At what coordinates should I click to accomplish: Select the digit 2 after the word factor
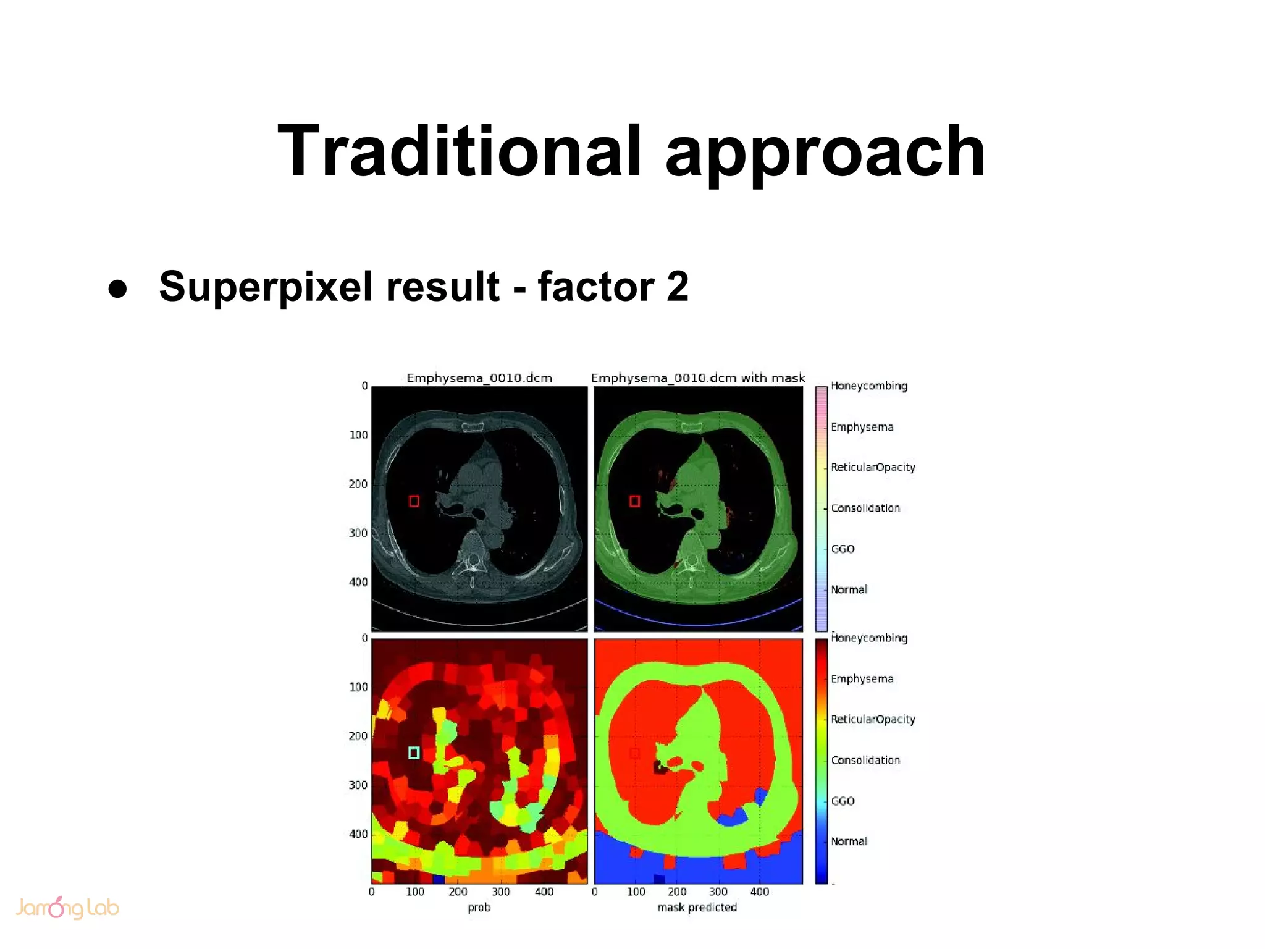tap(678, 287)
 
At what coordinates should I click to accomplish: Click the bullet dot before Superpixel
tap(117, 289)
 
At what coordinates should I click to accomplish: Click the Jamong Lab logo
tap(67, 907)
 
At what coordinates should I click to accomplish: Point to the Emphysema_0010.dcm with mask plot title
tap(698, 377)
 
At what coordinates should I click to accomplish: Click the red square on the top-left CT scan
tap(414, 501)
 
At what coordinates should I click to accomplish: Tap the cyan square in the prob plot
tap(414, 753)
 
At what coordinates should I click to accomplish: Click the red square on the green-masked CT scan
tap(634, 501)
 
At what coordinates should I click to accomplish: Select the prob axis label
tap(479, 907)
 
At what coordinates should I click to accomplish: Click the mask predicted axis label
tap(697, 907)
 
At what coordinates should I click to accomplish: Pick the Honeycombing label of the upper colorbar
tap(868, 386)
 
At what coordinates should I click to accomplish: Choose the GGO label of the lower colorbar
tap(843, 801)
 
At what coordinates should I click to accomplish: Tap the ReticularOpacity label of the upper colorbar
tap(872, 468)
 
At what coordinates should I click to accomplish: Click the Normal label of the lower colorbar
tap(849, 841)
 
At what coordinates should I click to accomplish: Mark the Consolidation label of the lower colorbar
tap(865, 760)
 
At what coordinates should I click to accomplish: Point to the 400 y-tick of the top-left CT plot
tap(358, 582)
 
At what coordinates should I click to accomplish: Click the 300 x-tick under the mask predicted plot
tap(718, 892)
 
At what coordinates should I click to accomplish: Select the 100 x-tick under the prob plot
tap(415, 892)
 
